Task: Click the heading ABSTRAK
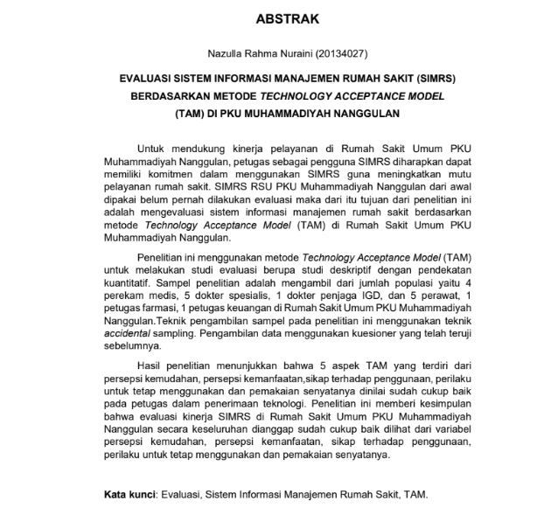click(272, 18)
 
